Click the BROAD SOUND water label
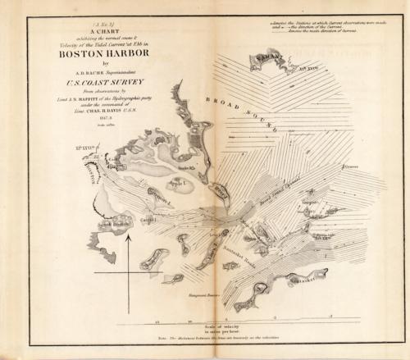coord(261,116)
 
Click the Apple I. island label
coord(180,183)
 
